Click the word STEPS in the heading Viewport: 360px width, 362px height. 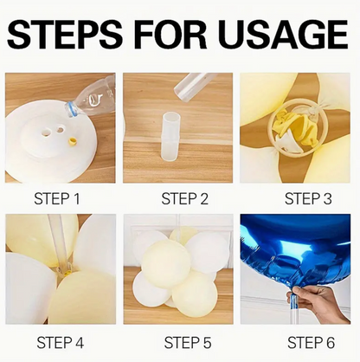click(65, 35)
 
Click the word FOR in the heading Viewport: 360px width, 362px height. click(170, 35)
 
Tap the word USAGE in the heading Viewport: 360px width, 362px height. click(285, 35)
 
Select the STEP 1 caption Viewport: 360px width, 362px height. click(57, 199)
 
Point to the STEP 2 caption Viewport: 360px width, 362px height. click(184, 199)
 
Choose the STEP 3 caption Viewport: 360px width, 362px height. click(308, 199)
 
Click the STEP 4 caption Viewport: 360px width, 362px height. click(60, 343)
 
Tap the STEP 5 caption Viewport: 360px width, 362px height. click(188, 343)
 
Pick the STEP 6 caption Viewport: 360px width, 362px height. click(311, 343)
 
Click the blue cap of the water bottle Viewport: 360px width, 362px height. click(72, 110)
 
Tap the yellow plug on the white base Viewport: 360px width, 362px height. click(73, 142)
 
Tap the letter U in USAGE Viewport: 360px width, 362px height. click(234, 35)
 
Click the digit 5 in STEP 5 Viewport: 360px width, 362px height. click(207, 343)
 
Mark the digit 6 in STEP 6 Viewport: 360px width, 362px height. click(331, 343)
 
